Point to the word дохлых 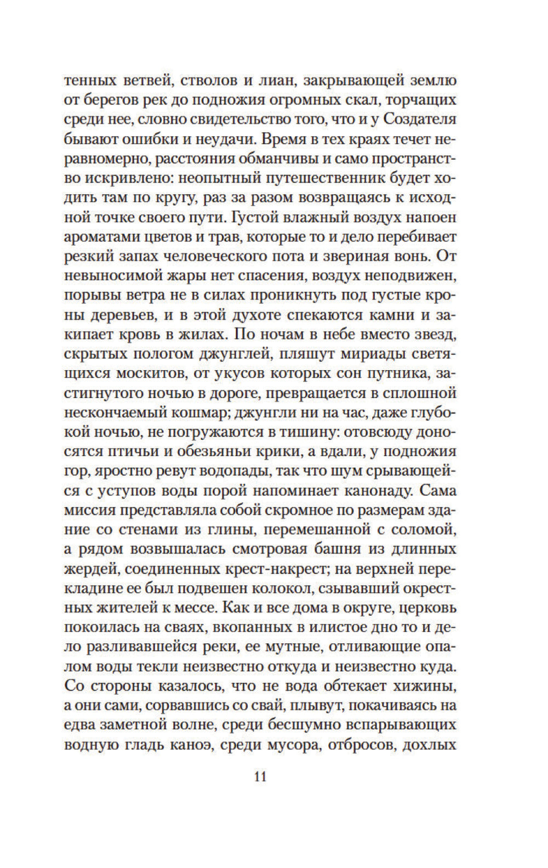point(431,745)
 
